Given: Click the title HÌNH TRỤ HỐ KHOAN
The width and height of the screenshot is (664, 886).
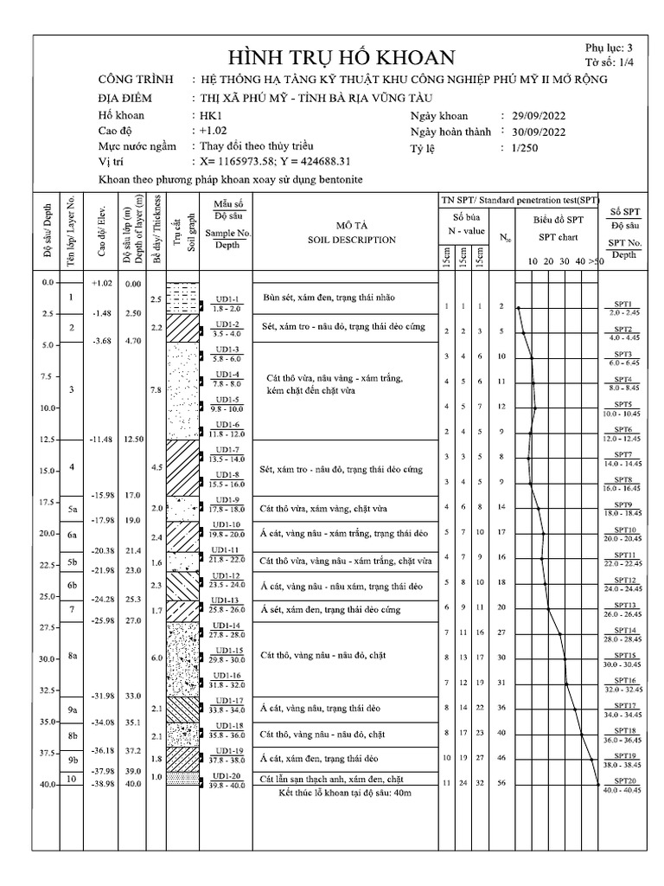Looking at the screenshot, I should (x=340, y=58).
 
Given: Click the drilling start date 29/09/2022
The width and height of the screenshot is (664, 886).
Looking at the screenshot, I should (x=537, y=115).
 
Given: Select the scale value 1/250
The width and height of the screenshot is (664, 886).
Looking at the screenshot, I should (x=525, y=149).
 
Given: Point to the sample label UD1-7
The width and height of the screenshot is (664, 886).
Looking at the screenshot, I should (x=228, y=450).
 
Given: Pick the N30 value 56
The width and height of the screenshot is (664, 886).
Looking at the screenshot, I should (x=501, y=783).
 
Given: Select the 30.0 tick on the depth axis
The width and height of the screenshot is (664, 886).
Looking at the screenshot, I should (x=47, y=659).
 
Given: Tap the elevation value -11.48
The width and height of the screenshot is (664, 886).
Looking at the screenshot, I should (x=101, y=440).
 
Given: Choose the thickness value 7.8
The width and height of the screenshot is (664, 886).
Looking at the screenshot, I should (x=156, y=390).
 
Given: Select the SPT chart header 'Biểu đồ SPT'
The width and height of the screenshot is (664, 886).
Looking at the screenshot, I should (x=558, y=220).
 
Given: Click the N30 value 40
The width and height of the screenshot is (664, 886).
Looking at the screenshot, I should (x=501, y=734).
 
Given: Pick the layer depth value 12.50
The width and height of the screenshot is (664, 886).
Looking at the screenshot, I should (x=132, y=440).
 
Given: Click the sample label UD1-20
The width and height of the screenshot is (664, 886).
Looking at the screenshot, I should (x=228, y=776).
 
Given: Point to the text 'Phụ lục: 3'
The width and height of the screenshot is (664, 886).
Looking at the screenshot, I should (x=609, y=48).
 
